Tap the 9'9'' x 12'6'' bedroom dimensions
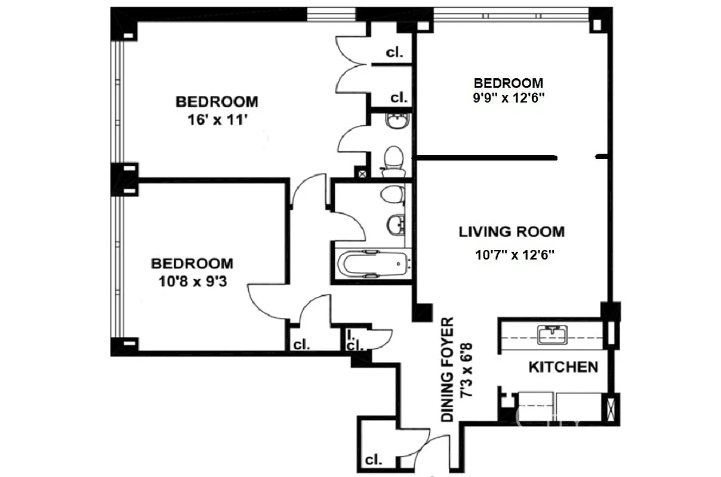point(508,98)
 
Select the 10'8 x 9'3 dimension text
point(192,280)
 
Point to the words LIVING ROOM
point(512,232)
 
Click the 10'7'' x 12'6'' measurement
point(514,255)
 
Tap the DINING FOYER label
point(448,370)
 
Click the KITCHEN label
point(563,367)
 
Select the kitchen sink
point(552,334)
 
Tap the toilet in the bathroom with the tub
point(392,194)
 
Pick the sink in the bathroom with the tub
point(395,224)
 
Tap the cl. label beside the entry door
point(374,460)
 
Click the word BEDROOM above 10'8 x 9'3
point(192,263)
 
